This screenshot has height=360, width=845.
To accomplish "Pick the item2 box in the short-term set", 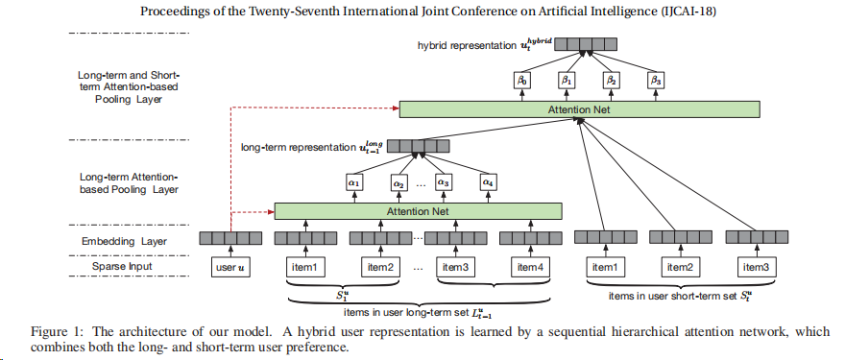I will click(x=679, y=266).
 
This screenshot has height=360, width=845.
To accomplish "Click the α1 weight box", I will click(x=352, y=180).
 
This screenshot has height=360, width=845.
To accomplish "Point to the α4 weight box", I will click(x=488, y=180).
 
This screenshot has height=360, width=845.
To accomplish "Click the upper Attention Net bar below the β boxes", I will click(x=574, y=110).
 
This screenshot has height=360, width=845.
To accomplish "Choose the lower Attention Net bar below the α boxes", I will click(x=419, y=210).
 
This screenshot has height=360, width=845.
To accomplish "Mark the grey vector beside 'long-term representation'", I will click(x=403, y=147).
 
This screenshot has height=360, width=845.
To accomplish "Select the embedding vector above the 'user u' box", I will click(x=230, y=238).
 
